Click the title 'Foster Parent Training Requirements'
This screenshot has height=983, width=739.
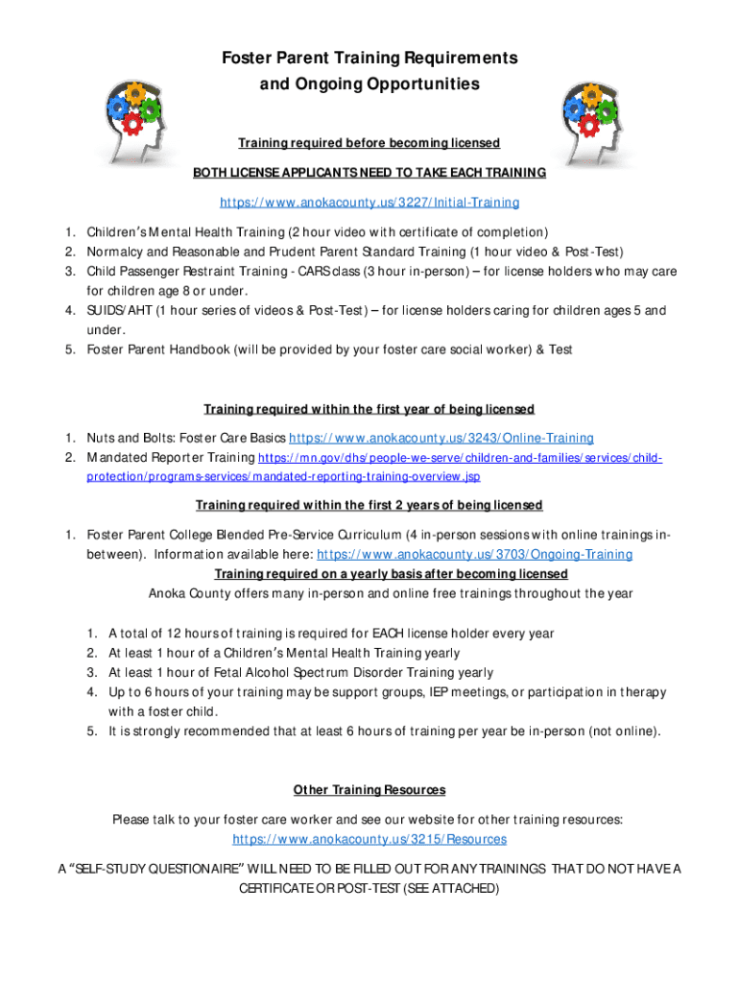click(369, 59)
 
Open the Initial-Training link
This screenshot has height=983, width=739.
click(369, 203)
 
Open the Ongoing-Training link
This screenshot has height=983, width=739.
click(474, 554)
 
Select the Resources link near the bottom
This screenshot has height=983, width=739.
click(369, 839)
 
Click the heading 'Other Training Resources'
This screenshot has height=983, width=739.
click(369, 790)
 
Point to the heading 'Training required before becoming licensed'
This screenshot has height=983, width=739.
click(369, 143)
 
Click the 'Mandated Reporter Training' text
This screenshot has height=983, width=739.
click(171, 457)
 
